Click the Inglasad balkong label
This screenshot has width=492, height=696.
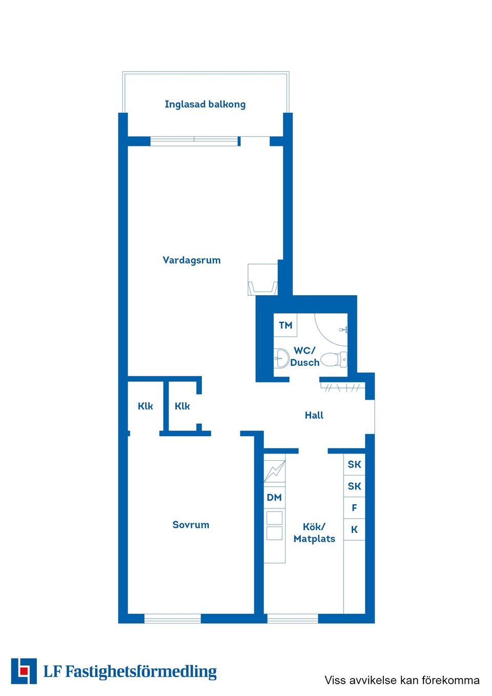click(x=205, y=105)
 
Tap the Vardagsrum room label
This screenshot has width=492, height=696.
click(x=192, y=260)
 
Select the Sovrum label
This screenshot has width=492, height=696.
click(x=191, y=525)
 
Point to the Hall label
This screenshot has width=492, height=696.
click(x=314, y=415)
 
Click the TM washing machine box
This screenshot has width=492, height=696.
click(x=285, y=325)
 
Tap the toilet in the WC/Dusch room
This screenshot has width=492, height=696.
click(x=334, y=359)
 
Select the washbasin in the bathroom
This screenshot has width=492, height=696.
click(x=281, y=358)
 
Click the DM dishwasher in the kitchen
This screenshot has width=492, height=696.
click(x=274, y=498)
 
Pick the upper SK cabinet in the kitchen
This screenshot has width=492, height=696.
click(x=354, y=464)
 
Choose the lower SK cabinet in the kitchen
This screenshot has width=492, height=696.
click(x=354, y=486)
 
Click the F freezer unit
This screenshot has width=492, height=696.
click(x=354, y=508)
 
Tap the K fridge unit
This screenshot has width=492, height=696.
click(x=354, y=529)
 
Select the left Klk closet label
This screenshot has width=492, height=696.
click(x=146, y=406)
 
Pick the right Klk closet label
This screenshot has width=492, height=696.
click(x=182, y=406)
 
